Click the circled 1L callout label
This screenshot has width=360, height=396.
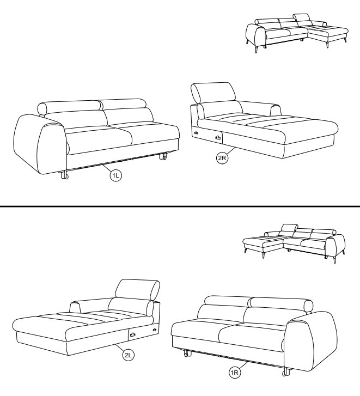(x=115, y=175)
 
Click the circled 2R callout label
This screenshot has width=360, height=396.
(x=222, y=158)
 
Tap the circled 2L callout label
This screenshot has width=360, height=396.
(x=128, y=355)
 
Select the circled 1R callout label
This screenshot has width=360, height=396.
(x=235, y=373)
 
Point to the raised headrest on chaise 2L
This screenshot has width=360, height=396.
(x=137, y=290)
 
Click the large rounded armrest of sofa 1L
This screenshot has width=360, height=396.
(x=40, y=144)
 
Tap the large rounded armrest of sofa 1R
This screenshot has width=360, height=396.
(x=311, y=341)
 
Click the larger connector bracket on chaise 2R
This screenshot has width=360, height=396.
(x=218, y=137)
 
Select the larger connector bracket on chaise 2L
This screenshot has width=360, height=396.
(x=132, y=335)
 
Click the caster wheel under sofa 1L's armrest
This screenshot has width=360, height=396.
(x=65, y=175)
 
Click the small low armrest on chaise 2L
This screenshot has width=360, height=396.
(x=75, y=307)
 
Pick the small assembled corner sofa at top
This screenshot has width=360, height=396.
(x=297, y=33)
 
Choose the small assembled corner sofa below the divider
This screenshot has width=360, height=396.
(x=294, y=243)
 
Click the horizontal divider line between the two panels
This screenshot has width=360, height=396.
(x=180, y=206)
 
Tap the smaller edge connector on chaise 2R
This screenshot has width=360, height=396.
(x=196, y=133)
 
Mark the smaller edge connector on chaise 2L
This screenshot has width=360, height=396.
(x=154, y=330)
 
